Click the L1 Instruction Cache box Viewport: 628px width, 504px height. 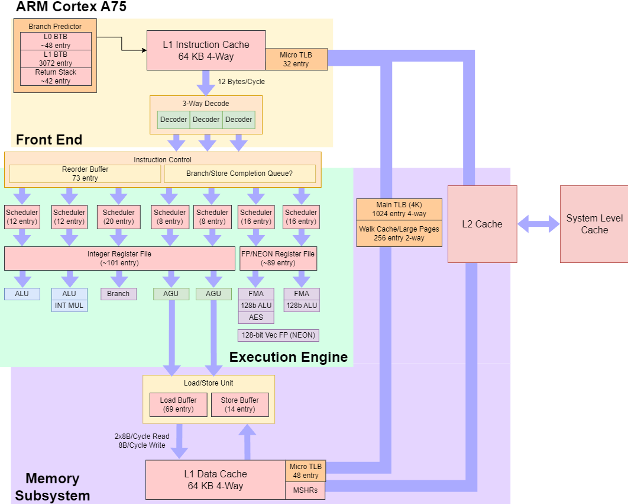(206, 50)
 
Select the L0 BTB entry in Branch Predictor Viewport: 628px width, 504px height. (56, 41)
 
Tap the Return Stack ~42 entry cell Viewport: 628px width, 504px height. (56, 76)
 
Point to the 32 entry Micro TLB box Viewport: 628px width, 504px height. (296, 59)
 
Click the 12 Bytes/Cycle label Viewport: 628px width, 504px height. (241, 82)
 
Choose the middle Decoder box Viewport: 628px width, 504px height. (206, 120)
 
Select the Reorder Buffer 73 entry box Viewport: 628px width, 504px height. (85, 174)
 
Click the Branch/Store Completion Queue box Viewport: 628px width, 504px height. (239, 174)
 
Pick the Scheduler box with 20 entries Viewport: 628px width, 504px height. (119, 217)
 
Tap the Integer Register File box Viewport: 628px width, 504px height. (119, 258)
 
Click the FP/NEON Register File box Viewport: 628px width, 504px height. (278, 258)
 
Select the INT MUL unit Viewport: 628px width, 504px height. (69, 306)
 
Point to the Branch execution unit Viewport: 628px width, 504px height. (118, 294)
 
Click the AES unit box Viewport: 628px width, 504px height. (255, 317)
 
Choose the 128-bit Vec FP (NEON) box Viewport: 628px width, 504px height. (278, 335)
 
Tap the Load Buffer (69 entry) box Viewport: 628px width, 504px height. (178, 405)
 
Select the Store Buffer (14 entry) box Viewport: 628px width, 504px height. (239, 405)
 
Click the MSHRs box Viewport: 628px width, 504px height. (306, 490)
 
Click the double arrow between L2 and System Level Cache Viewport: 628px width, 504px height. (539, 224)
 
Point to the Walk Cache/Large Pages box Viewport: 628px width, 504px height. (399, 233)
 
